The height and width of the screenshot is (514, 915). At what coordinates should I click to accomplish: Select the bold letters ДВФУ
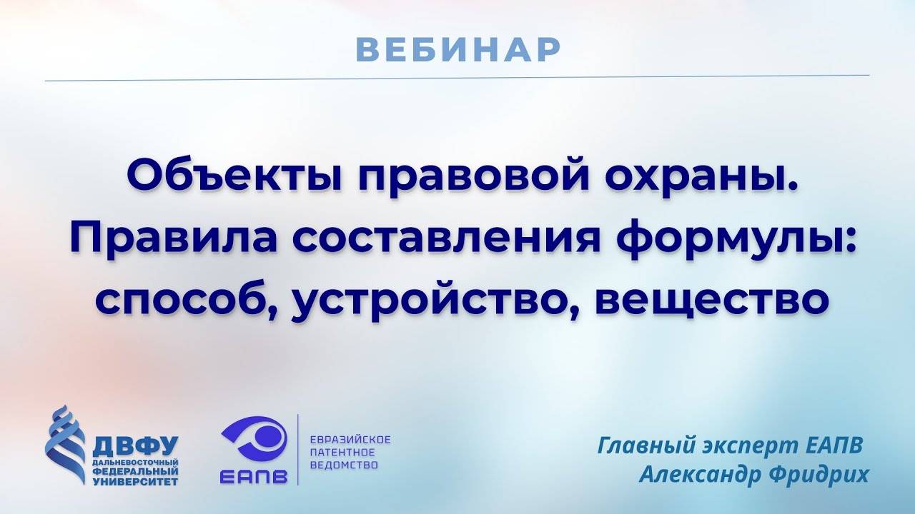[x=135, y=448]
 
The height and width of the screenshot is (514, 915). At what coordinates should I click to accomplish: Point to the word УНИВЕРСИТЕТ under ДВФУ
[x=136, y=482]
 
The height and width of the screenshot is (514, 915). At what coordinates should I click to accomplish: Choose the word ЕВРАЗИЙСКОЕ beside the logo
[x=349, y=439]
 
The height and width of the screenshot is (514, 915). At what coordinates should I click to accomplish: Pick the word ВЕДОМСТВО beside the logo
[x=343, y=465]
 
